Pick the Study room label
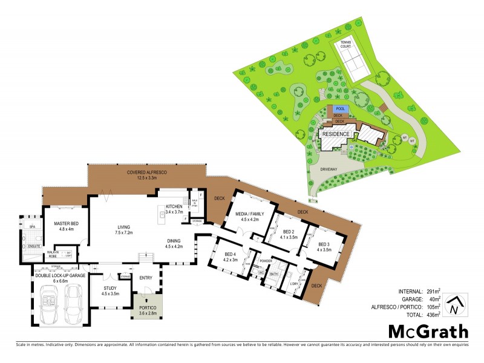pos(110,290)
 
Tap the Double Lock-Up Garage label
pos(60,278)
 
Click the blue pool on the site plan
pos(339,109)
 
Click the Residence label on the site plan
pos(335,134)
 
